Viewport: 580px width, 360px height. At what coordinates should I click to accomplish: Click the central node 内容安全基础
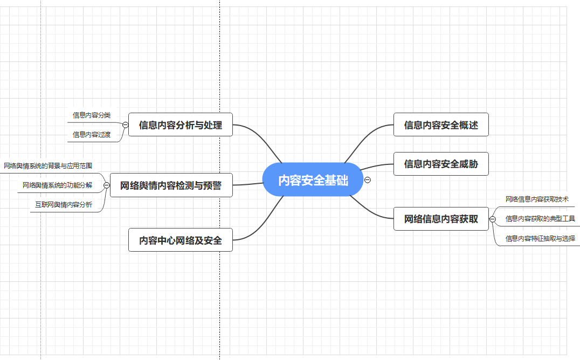click(x=313, y=180)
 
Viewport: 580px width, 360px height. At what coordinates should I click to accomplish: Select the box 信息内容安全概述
click(x=441, y=125)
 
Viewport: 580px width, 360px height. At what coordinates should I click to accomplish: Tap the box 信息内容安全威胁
click(x=441, y=164)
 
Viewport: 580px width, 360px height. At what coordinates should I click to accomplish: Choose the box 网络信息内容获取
click(x=441, y=219)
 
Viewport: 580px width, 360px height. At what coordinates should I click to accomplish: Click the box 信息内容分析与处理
click(x=181, y=125)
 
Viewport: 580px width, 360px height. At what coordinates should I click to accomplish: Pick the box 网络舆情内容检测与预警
click(x=171, y=185)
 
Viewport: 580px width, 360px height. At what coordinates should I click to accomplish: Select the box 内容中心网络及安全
click(x=181, y=240)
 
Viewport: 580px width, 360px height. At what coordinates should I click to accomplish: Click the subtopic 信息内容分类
click(x=92, y=115)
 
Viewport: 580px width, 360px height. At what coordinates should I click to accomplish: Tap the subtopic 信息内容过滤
click(x=92, y=135)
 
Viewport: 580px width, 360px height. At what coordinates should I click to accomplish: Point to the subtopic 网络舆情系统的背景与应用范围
click(x=48, y=165)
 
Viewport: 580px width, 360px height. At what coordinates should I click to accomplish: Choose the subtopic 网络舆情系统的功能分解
click(x=58, y=185)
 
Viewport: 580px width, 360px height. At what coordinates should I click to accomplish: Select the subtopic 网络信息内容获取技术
click(x=537, y=199)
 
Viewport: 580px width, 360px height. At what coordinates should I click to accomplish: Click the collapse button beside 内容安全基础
click(x=368, y=179)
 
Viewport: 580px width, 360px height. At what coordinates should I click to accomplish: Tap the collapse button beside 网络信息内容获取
click(x=492, y=219)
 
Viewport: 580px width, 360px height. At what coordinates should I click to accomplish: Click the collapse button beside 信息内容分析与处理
click(x=125, y=125)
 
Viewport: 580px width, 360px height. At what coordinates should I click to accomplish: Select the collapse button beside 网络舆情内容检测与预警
click(x=106, y=185)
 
